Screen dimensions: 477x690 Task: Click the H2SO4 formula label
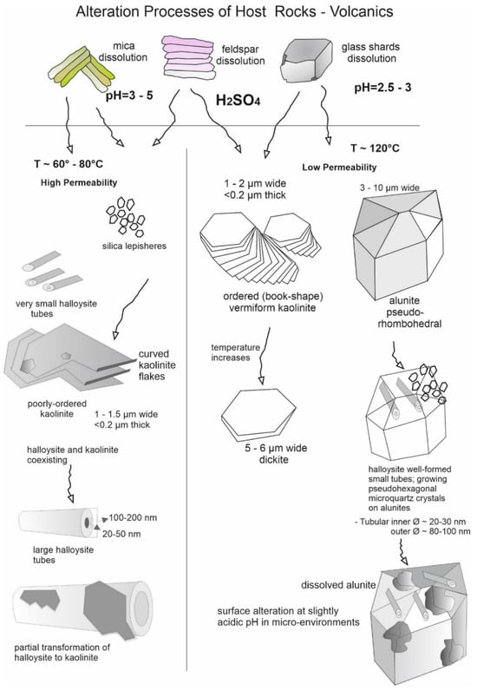pos(238,101)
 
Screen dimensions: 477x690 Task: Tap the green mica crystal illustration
pos(82,69)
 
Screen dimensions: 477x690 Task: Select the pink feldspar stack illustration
pos(188,58)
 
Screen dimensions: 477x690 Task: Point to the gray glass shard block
pos(306,60)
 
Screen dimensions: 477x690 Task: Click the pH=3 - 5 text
pos(129,95)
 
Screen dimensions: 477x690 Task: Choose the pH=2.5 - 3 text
pos(382,88)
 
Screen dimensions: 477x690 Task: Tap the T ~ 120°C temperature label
pos(375,148)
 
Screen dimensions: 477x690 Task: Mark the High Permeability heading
pos(79,182)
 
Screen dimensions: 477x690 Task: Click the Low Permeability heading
pos(339,168)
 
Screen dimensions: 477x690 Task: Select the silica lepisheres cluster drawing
pos(126,217)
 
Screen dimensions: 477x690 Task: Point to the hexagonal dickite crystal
pos(258,415)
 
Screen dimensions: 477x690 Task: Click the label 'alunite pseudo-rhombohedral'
pos(409,312)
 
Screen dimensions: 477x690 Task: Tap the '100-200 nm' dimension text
pos(133,518)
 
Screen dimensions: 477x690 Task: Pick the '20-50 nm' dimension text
pos(121,535)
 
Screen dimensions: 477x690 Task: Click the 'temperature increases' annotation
pos(235,352)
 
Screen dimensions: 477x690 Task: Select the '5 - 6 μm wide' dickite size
pos(276,449)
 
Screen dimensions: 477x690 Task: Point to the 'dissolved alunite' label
pos(338,585)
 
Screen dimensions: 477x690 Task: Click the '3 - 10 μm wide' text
pos(389,187)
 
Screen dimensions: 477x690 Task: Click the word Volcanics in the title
pos(362,11)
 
